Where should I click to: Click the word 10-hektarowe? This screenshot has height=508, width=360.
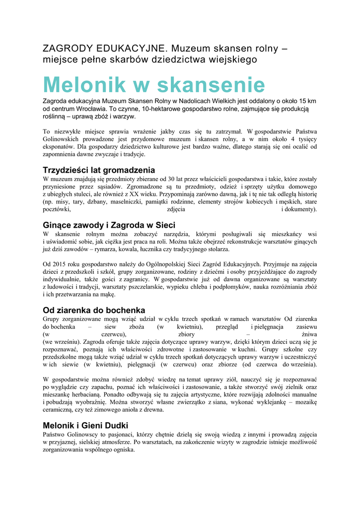[x=152, y=109]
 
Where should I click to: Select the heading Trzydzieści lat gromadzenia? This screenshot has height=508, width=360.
[x=99, y=170]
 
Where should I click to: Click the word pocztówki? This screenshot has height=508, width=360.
[x=58, y=209]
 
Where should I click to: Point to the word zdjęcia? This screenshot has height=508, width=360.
[x=176, y=209]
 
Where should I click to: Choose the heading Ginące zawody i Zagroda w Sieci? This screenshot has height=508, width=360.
[x=109, y=225]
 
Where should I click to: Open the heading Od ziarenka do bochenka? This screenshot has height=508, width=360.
[x=94, y=310]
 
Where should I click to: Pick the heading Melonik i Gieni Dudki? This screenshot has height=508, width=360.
[x=85, y=425]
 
